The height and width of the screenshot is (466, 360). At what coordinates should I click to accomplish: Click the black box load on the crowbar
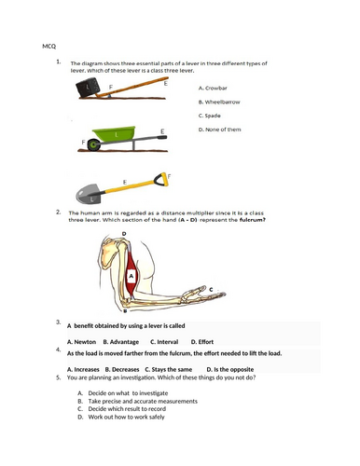click(x=89, y=87)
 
